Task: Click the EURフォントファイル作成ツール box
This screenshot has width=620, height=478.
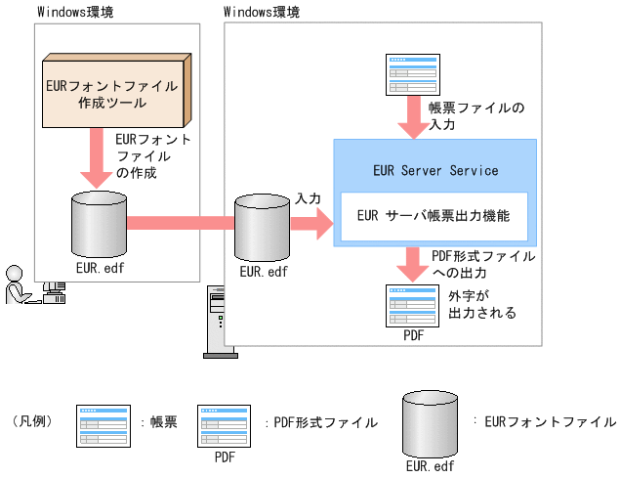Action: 110,95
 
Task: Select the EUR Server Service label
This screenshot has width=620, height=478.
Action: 435,170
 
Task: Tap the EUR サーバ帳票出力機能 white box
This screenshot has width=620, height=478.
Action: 434,216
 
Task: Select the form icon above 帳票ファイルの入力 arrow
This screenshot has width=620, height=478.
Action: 413,74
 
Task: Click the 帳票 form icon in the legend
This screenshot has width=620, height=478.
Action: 103,425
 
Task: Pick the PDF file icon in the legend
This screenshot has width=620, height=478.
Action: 225,425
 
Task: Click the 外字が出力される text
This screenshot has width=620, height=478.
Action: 481,305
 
